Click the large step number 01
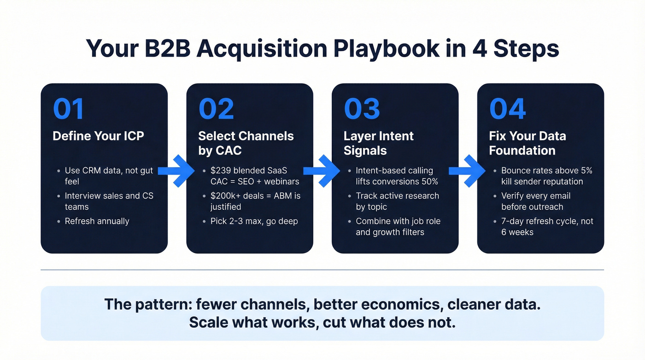pyautogui.click(x=69, y=109)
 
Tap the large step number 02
pyautogui.click(x=216, y=109)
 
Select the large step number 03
pyautogui.click(x=362, y=109)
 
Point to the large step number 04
pyautogui.click(x=507, y=109)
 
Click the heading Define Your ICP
pyautogui.click(x=98, y=136)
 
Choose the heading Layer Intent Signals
pyautogui.click(x=378, y=143)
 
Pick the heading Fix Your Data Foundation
pyautogui.click(x=528, y=143)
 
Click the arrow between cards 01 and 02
pyautogui.click(x=176, y=171)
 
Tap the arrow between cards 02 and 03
pyautogui.click(x=322, y=171)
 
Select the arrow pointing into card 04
pyautogui.click(x=467, y=171)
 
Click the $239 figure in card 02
pyautogui.click(x=219, y=171)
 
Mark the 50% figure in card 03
pyautogui.click(x=428, y=181)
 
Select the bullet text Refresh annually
pyautogui.click(x=97, y=221)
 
